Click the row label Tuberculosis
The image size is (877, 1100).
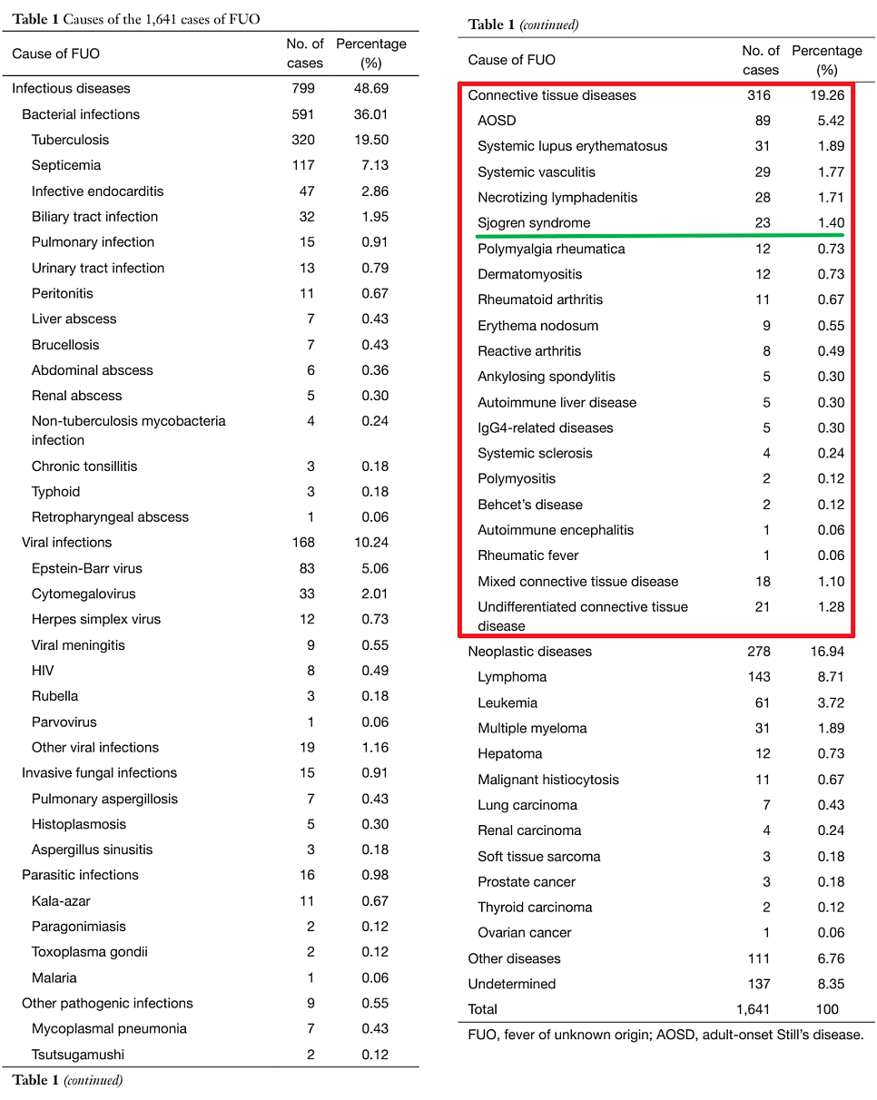(70, 140)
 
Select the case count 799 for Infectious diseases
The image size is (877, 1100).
(304, 88)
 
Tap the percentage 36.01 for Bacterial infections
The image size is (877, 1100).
(371, 114)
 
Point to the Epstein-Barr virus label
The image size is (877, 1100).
(86, 568)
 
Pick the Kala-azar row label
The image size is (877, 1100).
(61, 901)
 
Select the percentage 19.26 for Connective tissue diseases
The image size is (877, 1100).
(827, 95)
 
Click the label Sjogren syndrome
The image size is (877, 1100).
(534, 223)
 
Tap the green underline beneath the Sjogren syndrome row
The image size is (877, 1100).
(660, 236)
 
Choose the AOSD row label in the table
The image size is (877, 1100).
(497, 121)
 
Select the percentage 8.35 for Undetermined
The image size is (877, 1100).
(827, 984)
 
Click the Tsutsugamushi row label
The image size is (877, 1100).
(78, 1055)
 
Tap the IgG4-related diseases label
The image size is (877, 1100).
(546, 428)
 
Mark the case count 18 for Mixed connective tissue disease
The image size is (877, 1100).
(762, 582)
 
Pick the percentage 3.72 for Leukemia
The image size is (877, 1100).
(827, 702)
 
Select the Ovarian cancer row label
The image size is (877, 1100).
(525, 933)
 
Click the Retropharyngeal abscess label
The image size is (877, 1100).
(110, 517)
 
